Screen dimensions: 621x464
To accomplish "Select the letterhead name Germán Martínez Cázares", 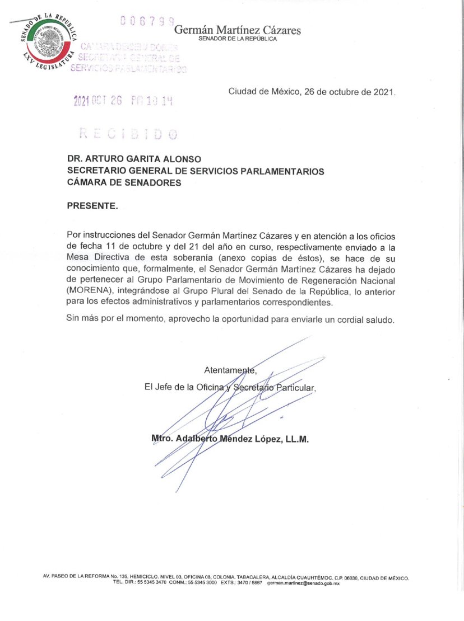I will [238, 30].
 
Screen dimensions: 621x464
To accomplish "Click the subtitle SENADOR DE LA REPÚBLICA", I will [238, 40].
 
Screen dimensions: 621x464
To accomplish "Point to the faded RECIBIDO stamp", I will [128, 134].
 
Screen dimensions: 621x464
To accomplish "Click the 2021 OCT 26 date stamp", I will [123, 101].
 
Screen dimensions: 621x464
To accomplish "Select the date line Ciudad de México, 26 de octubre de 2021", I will [312, 92].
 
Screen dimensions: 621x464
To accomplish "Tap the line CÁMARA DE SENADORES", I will [124, 182].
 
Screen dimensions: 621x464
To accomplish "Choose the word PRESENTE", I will [92, 206].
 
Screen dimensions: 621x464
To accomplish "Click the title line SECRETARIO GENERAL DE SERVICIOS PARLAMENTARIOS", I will [196, 171].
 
